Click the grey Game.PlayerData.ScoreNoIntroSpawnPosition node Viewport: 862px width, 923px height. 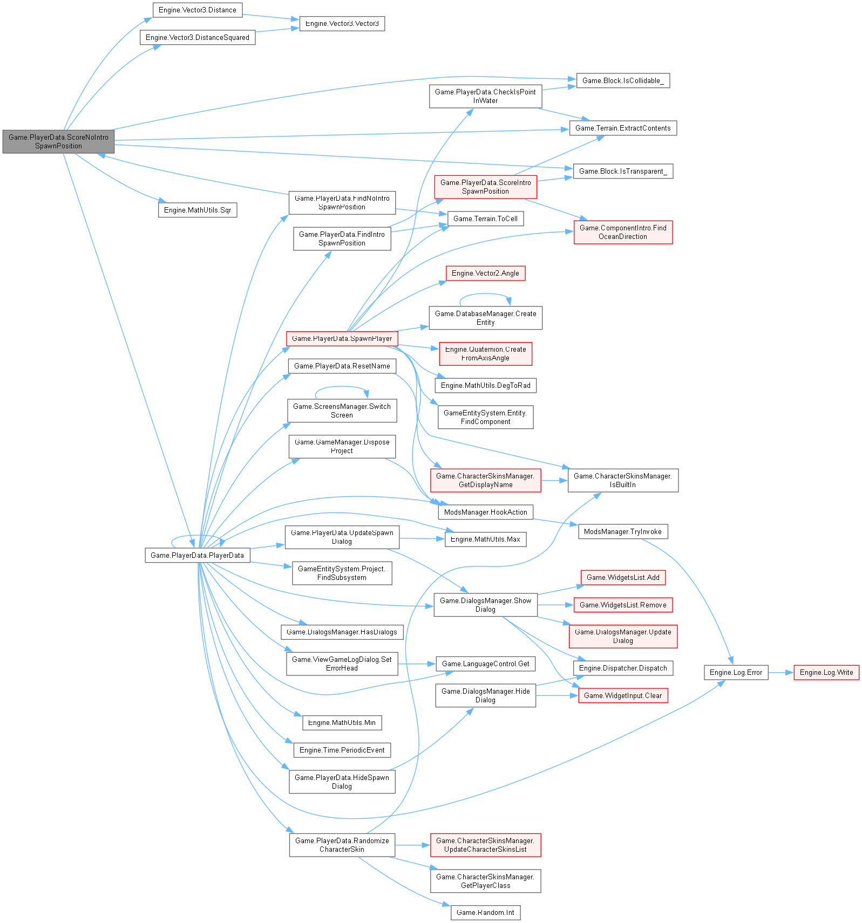click(58, 141)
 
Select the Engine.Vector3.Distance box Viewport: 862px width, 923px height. click(197, 10)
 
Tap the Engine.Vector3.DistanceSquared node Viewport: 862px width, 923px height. click(197, 37)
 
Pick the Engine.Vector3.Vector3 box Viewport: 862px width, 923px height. click(342, 24)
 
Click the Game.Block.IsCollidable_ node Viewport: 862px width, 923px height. click(623, 81)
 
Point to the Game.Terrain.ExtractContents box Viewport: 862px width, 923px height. click(623, 128)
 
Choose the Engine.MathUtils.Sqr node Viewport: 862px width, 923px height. click(197, 210)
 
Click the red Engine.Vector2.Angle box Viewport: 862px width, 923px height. click(485, 274)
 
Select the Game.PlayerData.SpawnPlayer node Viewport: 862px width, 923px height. click(342, 339)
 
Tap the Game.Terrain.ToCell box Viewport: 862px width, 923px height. click(485, 218)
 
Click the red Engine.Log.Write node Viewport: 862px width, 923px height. click(826, 672)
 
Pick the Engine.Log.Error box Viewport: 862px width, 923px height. click(736, 672)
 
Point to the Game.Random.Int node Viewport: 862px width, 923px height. click(485, 913)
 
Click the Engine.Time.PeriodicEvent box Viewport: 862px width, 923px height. click(342, 750)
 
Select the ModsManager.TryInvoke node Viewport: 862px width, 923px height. click(622, 532)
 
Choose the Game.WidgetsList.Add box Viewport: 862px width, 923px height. click(623, 577)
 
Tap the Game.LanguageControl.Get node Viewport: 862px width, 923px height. click(485, 664)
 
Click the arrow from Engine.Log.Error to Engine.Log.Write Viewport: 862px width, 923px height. click(780, 672)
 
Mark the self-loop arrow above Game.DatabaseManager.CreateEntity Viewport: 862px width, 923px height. click(485, 294)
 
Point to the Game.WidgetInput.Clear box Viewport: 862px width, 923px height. click(623, 695)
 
